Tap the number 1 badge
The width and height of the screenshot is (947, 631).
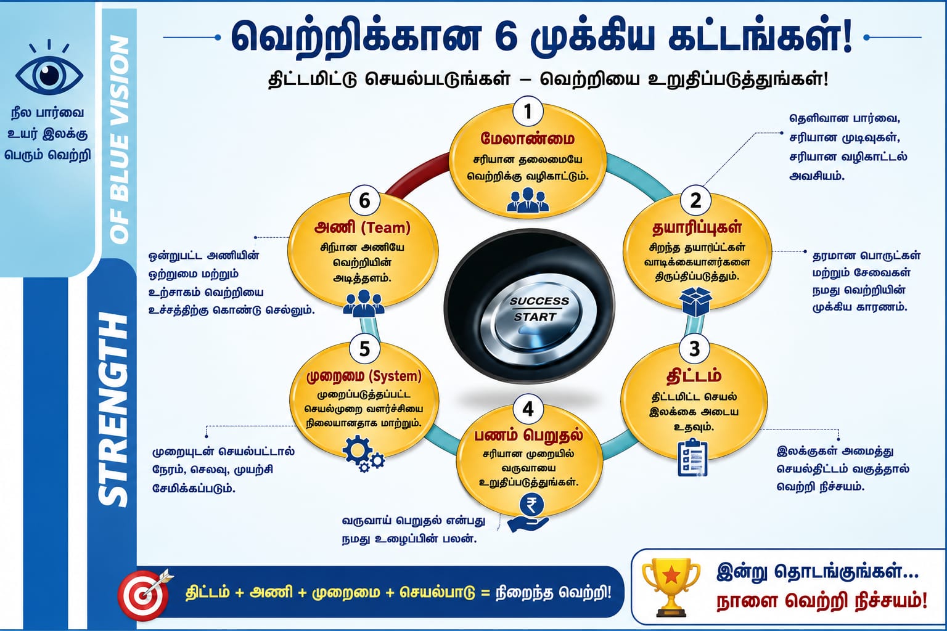tap(528, 112)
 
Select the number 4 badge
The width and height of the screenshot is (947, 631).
tap(528, 409)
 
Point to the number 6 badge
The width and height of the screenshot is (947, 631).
tap(364, 200)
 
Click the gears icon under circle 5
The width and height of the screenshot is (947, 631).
tap(363, 454)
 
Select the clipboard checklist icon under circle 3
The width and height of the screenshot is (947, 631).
tap(692, 458)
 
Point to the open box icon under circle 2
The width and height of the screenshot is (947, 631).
tap(695, 301)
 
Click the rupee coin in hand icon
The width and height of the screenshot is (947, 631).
tap(528, 512)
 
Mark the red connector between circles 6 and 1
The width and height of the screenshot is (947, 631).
tap(416, 174)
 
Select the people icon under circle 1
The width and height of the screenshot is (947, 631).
tap(528, 200)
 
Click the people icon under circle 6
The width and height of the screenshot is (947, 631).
tap(364, 303)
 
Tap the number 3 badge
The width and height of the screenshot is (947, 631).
tap(694, 349)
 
